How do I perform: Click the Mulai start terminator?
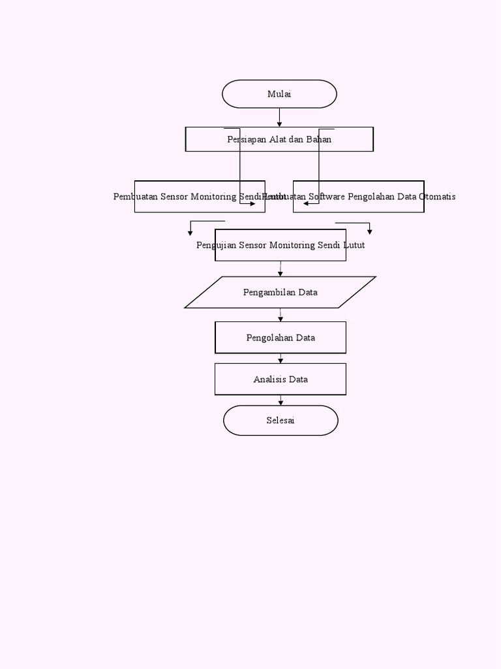tap(279, 94)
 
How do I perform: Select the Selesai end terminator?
tap(281, 421)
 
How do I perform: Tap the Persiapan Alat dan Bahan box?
tap(279, 139)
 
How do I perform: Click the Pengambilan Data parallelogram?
tap(281, 292)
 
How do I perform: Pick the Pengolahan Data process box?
tap(281, 338)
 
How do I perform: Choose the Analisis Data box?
tap(281, 380)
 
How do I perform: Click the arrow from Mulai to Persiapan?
tap(279, 118)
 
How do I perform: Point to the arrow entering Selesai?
tap(281, 400)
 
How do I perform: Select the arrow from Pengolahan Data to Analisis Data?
tap(281, 359)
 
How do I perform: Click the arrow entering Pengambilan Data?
tap(281, 269)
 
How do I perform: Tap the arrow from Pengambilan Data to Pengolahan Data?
tap(281, 315)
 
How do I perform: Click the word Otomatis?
tap(437, 197)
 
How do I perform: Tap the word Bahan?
tap(319, 139)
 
